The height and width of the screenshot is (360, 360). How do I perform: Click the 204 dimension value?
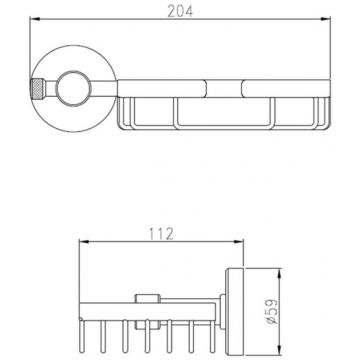[180, 11]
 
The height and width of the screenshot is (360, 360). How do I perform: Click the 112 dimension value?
[161, 234]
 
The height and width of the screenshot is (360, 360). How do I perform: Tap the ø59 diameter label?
[272, 312]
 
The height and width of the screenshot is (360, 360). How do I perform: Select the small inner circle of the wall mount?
[73, 88]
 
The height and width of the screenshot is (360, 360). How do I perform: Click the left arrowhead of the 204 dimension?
[35, 19]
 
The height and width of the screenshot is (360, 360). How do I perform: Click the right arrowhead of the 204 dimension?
[325, 19]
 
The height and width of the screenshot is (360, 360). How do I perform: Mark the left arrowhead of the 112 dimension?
[84, 241]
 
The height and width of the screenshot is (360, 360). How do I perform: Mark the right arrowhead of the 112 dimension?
[238, 241]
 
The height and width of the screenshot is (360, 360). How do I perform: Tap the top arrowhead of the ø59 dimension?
[280, 273]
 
